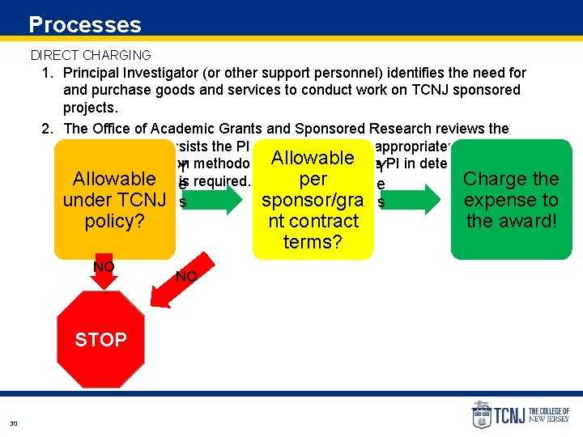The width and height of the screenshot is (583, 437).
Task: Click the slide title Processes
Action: point(84,24)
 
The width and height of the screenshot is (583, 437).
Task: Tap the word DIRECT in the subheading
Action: point(53,55)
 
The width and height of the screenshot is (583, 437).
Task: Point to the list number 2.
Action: point(47,129)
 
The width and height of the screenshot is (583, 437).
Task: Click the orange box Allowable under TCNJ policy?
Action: point(114,199)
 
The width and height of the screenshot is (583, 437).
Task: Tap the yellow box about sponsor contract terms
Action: point(313,199)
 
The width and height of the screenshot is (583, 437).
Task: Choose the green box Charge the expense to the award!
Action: point(511,199)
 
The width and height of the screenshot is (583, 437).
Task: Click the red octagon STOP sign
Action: point(100,340)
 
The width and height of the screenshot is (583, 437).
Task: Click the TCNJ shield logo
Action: point(481,414)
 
